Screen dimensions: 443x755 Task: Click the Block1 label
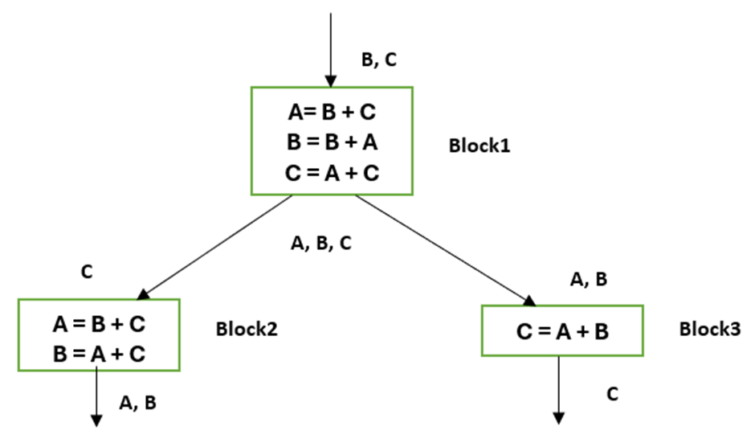point(480,146)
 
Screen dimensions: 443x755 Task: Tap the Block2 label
point(247,329)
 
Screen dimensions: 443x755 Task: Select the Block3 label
point(709,329)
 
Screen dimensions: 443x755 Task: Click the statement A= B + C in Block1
point(331,112)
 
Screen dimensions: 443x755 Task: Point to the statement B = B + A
point(331,142)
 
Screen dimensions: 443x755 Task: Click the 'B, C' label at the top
point(379,59)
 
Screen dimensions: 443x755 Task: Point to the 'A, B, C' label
point(320,243)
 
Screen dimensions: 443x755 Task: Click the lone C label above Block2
point(87,272)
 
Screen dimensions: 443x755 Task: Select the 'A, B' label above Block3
point(588,279)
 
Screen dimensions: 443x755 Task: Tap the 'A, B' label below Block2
point(137,404)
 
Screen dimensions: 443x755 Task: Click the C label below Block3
point(612,394)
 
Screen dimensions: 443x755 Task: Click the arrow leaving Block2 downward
point(96,394)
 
